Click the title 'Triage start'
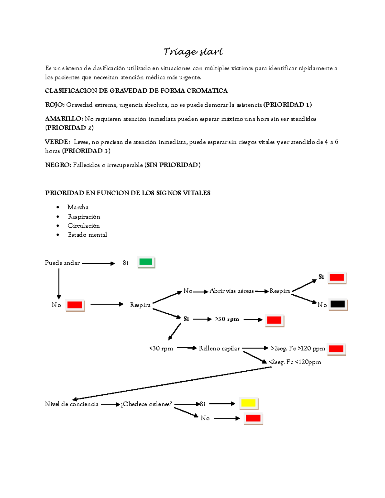[193, 52]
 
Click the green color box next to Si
[146, 262]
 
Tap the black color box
[338, 304]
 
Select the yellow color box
[248, 403]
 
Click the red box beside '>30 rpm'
[274, 320]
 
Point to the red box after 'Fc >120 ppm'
[336, 349]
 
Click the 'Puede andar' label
[62, 263]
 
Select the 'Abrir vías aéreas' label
[232, 291]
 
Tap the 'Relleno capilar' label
[219, 349]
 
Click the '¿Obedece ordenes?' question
[146, 404]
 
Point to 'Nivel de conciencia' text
[72, 404]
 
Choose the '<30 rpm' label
[161, 349]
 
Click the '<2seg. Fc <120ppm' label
[295, 362]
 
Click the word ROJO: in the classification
[55, 105]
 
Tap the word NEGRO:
[58, 165]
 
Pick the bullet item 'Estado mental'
[87, 235]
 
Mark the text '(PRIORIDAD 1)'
[287, 105]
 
